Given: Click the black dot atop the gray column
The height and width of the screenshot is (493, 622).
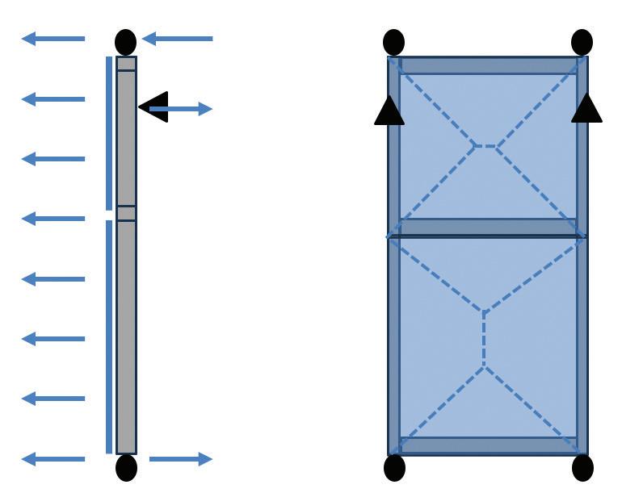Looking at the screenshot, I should click(125, 41).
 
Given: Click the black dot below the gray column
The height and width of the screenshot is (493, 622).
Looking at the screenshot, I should click(126, 467).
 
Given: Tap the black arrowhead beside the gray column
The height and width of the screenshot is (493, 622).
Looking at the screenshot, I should click(153, 107).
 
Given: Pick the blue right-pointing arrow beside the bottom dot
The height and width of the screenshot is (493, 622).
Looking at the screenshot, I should click(180, 459).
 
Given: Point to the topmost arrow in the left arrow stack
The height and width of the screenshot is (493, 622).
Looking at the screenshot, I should click(53, 38).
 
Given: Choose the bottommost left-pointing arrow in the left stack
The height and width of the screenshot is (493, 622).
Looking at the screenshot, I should click(53, 459).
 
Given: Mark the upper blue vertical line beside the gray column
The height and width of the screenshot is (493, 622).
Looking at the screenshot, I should click(109, 133).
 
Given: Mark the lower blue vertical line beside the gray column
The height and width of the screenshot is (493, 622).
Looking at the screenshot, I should click(109, 337).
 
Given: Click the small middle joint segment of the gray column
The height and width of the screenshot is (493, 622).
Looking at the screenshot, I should click(126, 213).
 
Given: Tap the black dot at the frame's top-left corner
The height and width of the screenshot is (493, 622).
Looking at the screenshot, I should click(393, 42).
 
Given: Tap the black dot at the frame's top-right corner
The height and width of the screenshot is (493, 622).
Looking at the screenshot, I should click(582, 42).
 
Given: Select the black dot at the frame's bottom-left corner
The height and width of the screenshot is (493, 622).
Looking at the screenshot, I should click(394, 468).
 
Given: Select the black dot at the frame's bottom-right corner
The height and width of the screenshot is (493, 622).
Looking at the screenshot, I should click(582, 468).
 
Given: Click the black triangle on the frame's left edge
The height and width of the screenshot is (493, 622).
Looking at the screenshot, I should click(389, 111).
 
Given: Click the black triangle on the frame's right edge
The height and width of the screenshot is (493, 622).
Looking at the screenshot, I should click(586, 109).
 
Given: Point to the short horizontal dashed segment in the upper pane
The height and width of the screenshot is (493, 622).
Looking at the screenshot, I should click(485, 146).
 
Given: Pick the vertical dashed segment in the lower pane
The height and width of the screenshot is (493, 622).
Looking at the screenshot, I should click(484, 339).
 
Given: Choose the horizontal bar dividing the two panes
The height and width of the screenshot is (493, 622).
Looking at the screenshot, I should click(488, 228).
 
